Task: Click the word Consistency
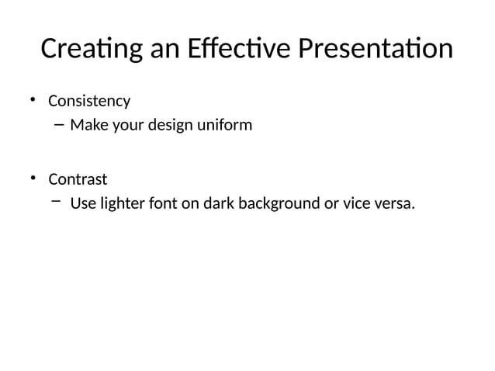coord(89,102)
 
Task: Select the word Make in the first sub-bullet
coord(88,124)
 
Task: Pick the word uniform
coord(226,124)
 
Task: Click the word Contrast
coord(78,180)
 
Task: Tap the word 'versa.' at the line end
coord(393,205)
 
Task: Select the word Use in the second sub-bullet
coord(82,205)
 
